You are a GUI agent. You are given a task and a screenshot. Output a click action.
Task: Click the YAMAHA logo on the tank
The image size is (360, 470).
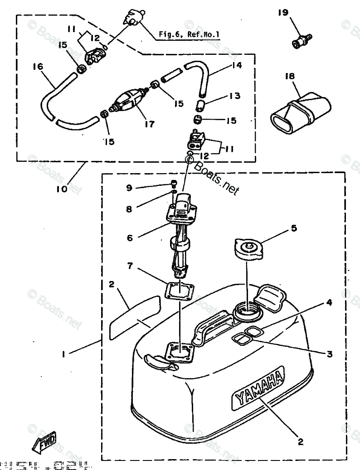(259, 387)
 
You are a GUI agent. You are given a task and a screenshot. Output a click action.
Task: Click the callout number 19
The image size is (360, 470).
(283, 13)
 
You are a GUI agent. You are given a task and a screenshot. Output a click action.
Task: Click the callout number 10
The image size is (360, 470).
(62, 188)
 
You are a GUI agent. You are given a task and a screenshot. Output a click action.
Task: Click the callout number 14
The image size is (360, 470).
(236, 66)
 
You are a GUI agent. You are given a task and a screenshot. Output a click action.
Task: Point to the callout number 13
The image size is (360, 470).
(234, 96)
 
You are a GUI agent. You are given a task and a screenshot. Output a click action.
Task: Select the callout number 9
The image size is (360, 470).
(129, 187)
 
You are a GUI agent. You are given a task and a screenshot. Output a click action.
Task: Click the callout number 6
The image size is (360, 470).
(130, 237)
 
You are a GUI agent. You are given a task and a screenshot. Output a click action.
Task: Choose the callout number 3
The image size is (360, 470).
(330, 354)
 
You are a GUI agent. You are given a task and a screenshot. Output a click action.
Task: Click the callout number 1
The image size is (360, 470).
(64, 355)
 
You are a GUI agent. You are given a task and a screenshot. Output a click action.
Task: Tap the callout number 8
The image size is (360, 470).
(129, 209)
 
